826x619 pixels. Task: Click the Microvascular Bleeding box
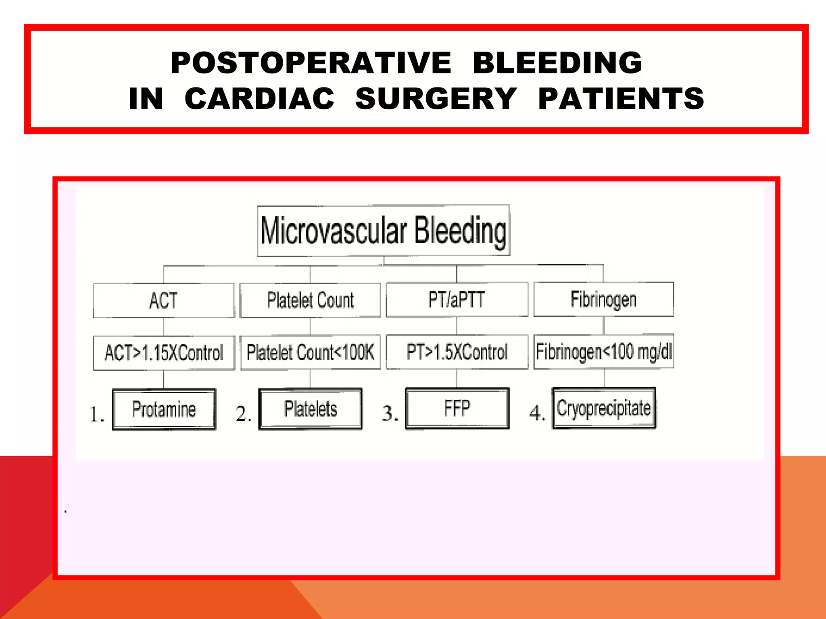384,231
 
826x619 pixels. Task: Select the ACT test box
163,301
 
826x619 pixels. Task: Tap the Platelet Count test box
310,300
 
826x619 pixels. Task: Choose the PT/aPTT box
457,300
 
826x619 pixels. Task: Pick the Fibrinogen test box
603,299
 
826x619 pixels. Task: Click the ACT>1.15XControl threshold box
163,353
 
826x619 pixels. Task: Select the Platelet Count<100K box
310,352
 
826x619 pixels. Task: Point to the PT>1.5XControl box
457,352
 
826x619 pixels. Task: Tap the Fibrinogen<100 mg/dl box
603,351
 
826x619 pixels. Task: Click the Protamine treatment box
164,409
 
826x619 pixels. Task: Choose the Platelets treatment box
310,409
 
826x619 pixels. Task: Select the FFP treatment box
457,409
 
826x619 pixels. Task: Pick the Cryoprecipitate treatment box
604,408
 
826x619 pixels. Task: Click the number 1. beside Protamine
97,414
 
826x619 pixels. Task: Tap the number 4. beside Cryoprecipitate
537,413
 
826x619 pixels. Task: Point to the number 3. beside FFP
390,413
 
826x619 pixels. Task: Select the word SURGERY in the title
436,99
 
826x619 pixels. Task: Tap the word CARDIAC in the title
259,99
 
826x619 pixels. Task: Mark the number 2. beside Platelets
243,414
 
